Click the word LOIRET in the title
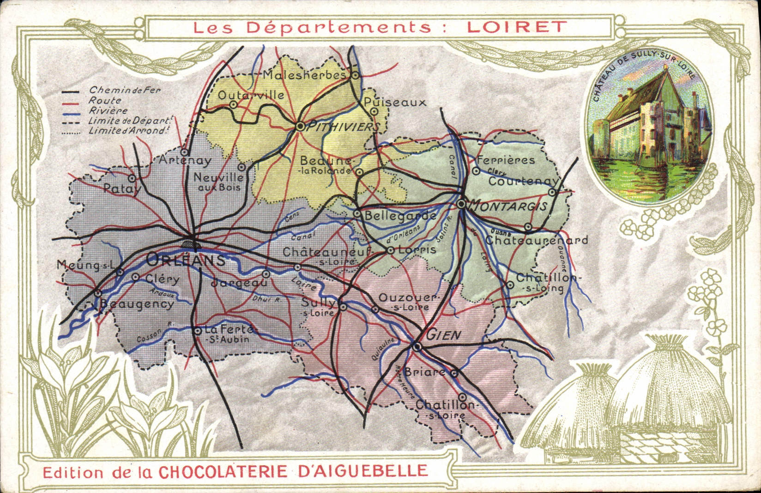(x=516, y=26)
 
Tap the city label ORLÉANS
(x=186, y=260)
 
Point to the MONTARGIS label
(x=508, y=206)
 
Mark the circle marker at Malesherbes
(x=355, y=74)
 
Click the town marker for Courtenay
(x=552, y=192)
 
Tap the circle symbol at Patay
(x=132, y=178)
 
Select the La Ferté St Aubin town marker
(x=198, y=330)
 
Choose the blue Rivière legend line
(x=71, y=112)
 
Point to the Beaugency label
(x=137, y=304)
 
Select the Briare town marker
(x=454, y=374)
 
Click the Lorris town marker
(x=390, y=250)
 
